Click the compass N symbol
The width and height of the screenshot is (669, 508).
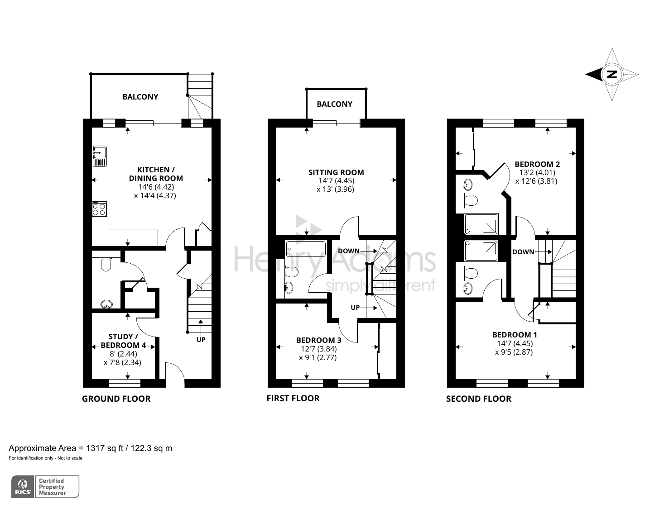[x=611, y=75]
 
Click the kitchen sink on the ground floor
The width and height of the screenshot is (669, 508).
[x=100, y=156]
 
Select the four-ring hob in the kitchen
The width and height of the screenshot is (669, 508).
[x=100, y=209]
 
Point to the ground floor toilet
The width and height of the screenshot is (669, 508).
[x=106, y=264]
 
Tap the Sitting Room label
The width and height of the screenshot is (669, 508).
[x=336, y=172]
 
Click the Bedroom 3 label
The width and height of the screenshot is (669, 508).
[x=318, y=340]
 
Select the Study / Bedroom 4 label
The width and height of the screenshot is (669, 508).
[x=123, y=341]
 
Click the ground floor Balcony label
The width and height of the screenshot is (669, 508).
[x=140, y=97]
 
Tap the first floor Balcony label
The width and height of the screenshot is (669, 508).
[x=334, y=104]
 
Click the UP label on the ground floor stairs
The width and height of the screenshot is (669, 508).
[x=201, y=339]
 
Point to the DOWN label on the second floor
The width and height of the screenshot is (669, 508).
[x=523, y=252]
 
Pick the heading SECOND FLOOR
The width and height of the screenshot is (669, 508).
[x=478, y=399]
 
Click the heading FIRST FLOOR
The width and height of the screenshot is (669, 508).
[x=293, y=398]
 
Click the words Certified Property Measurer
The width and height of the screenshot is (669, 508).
[x=52, y=487]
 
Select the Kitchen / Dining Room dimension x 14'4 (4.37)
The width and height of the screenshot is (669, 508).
[x=155, y=195]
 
